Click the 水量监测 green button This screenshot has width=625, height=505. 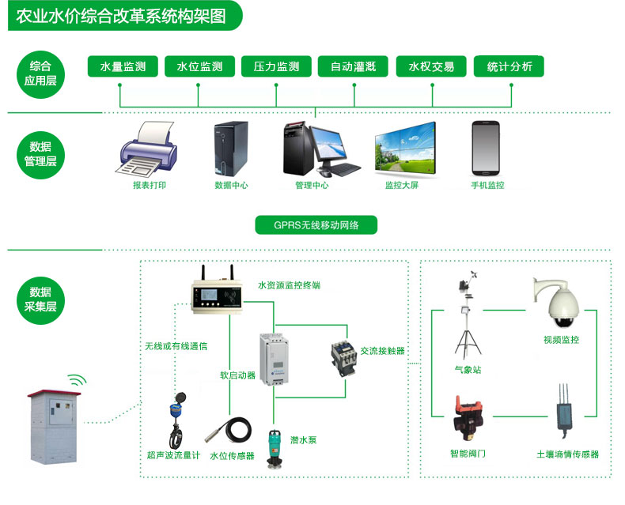click(123, 66)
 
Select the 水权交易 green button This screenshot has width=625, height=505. click(431, 66)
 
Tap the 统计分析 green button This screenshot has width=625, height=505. click(509, 66)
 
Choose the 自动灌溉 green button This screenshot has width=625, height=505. click(354, 66)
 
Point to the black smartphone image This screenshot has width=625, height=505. click(486, 148)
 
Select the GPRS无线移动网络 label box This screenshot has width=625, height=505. click(316, 225)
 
